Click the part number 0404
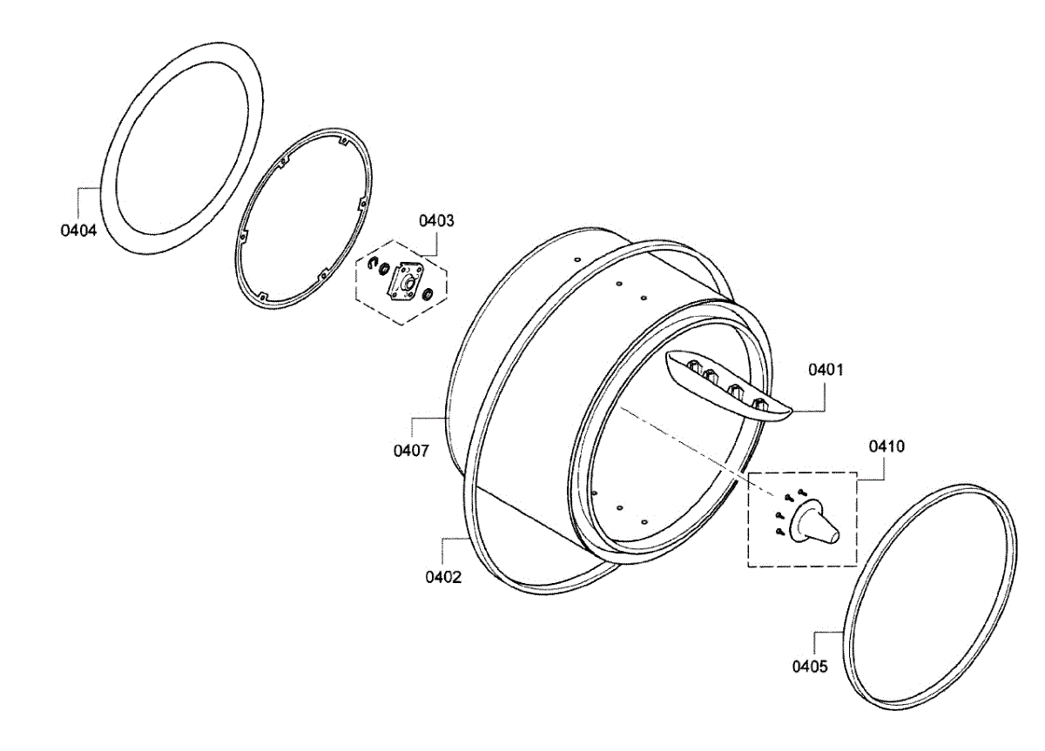click(78, 231)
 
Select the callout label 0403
click(436, 220)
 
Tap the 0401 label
click(826, 370)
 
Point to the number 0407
click(411, 451)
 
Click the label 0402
click(443, 576)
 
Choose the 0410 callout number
click(887, 446)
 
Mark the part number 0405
click(810, 667)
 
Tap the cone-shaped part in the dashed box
click(814, 524)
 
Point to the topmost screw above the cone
click(800, 491)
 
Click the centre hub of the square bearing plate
click(406, 282)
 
